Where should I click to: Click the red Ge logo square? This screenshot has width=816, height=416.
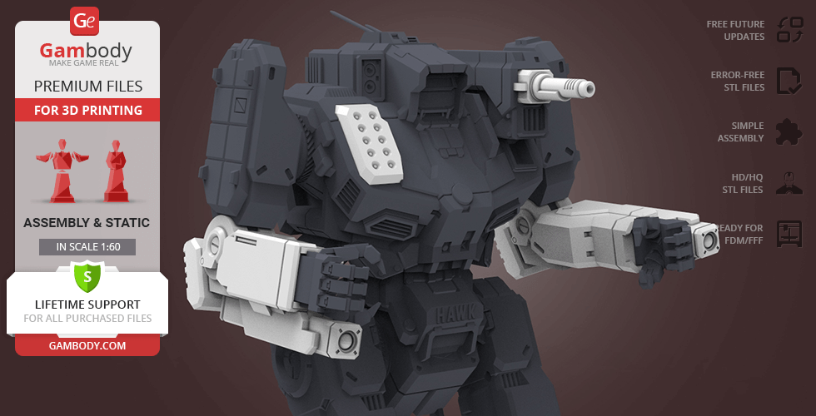tap(84, 21)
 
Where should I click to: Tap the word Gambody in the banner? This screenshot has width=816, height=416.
tap(86, 51)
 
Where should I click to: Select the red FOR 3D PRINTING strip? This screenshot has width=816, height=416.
tap(87, 110)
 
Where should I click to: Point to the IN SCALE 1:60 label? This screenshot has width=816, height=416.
tap(87, 247)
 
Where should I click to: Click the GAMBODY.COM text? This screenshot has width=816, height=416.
tap(87, 346)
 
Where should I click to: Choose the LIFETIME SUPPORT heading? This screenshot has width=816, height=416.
tap(87, 305)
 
